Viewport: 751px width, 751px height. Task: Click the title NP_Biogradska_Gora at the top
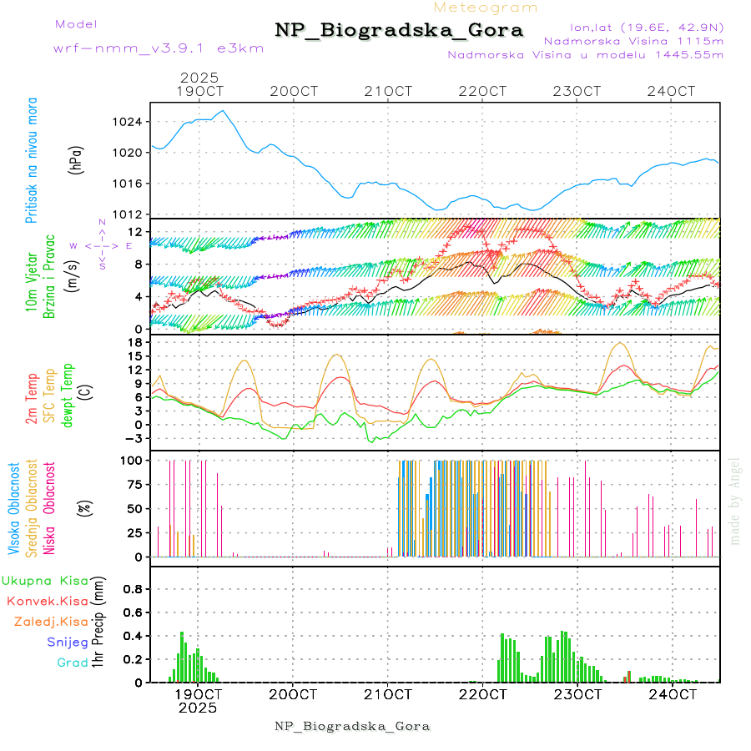(399, 31)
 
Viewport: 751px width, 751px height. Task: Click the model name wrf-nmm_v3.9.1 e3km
(159, 48)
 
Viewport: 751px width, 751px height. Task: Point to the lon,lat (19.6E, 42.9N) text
(646, 27)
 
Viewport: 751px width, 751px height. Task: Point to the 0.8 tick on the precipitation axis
(133, 588)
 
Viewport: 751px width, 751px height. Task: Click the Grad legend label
(72, 663)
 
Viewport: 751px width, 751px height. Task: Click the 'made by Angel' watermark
(734, 501)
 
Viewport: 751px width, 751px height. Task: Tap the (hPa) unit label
(77, 159)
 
